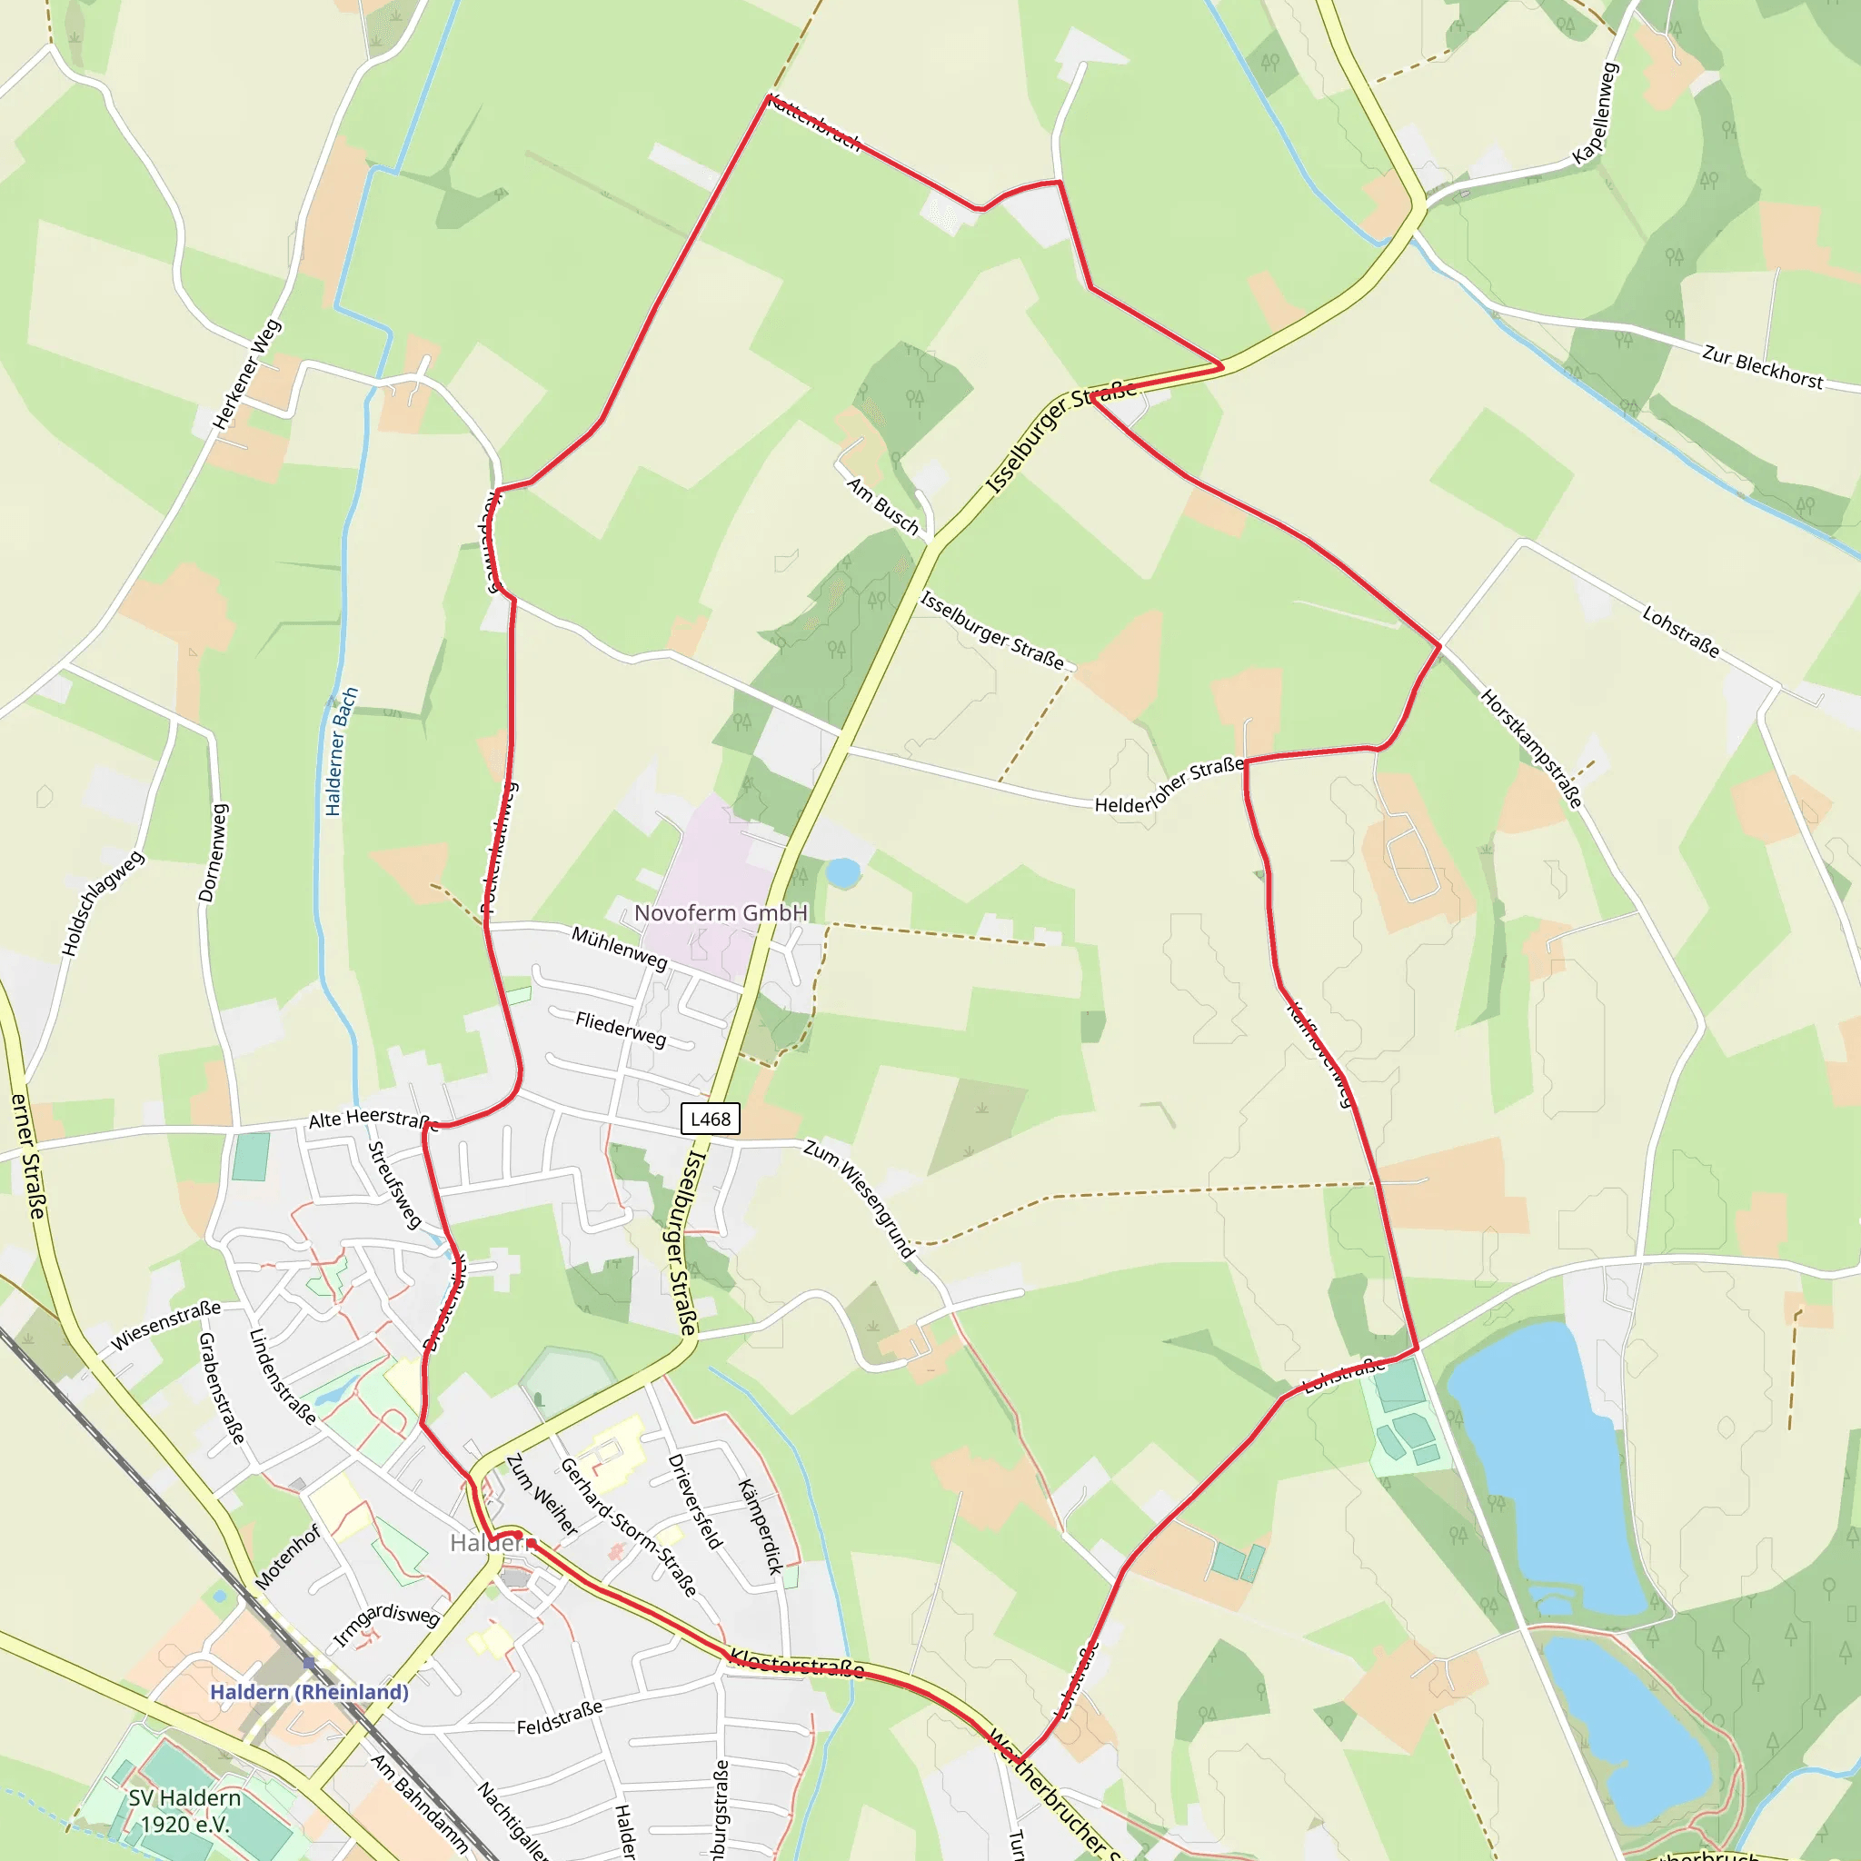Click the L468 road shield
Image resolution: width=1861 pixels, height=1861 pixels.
click(710, 1119)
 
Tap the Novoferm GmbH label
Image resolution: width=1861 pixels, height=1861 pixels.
click(721, 912)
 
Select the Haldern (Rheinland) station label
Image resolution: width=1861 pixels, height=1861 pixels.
click(309, 1691)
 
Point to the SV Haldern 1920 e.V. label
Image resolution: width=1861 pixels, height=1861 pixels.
click(185, 1811)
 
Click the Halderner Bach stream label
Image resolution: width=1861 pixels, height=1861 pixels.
click(341, 751)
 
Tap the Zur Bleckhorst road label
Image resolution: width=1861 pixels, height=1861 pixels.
click(1762, 367)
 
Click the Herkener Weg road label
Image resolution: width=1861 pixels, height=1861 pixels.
click(246, 373)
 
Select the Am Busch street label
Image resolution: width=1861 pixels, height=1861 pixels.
click(882, 504)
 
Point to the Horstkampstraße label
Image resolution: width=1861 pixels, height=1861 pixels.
click(1530, 749)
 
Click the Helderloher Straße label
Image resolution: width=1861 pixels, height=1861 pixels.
click(1169, 785)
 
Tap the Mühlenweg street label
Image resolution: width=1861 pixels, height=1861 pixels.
click(620, 948)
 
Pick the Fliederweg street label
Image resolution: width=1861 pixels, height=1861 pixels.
click(621, 1029)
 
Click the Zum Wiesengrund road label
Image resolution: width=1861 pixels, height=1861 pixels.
click(860, 1199)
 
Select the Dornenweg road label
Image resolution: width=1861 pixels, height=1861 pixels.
click(214, 852)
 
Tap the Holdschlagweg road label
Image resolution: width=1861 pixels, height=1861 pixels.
click(102, 902)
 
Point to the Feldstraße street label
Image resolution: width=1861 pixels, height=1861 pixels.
click(560, 1717)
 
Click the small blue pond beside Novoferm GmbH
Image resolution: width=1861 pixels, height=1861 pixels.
click(843, 872)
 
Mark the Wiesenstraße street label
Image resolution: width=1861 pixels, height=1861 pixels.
click(164, 1326)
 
